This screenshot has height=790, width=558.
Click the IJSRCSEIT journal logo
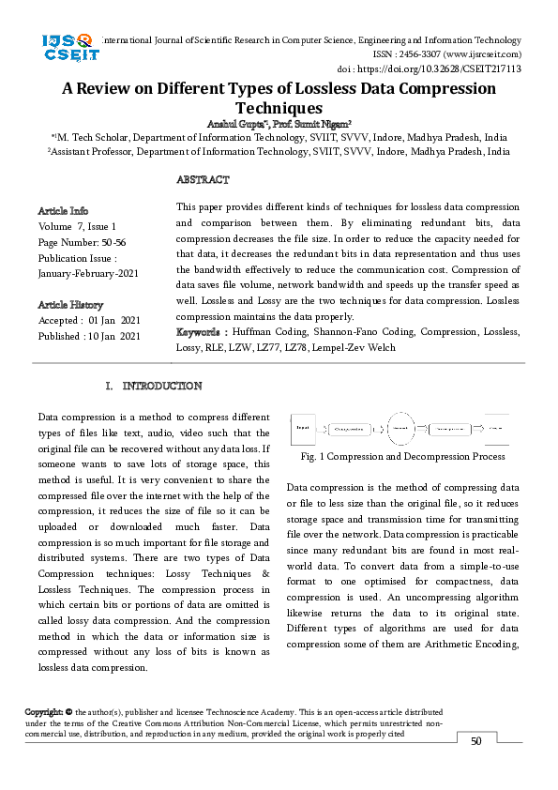(69, 48)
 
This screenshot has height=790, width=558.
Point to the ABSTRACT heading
(203, 179)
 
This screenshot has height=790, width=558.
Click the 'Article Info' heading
(63, 210)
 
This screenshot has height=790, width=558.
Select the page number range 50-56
(116, 242)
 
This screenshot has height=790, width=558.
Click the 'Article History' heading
(70, 305)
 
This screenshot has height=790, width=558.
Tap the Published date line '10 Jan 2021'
(89, 336)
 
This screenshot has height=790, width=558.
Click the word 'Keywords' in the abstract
(199, 332)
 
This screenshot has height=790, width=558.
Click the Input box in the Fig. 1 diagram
(303, 429)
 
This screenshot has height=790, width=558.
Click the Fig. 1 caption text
(403, 456)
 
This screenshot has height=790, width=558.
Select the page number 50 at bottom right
(475, 741)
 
